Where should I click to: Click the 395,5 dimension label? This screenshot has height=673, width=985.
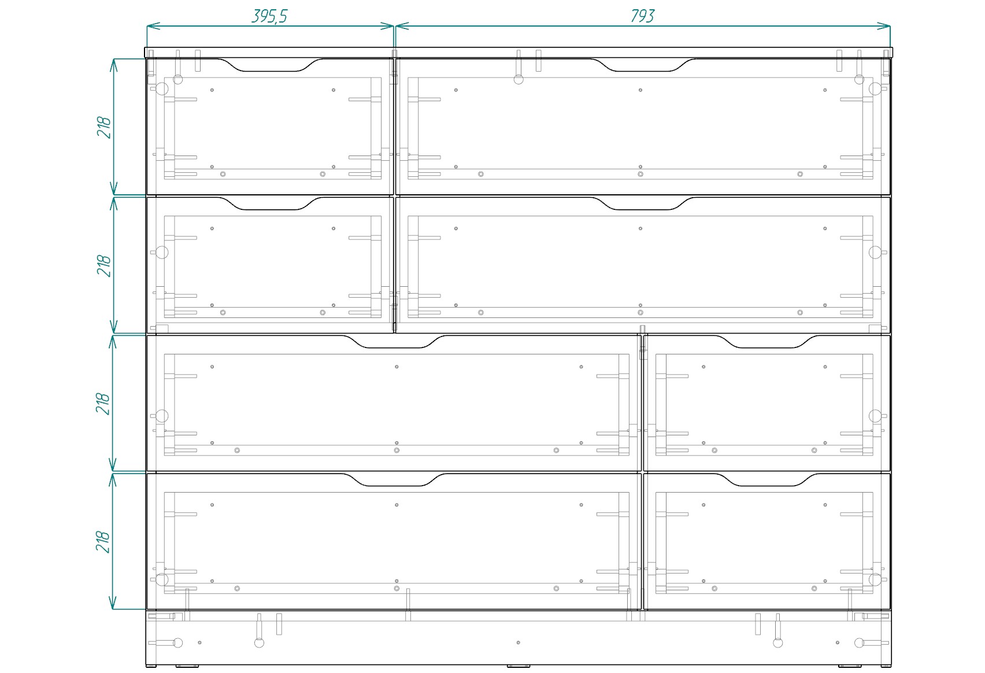(x=269, y=16)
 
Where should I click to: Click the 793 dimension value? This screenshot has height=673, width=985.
(x=642, y=16)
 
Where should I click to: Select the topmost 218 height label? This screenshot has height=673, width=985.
(x=104, y=127)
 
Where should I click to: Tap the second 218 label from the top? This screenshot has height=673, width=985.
(x=104, y=265)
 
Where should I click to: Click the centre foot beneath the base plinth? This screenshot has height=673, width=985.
(x=518, y=666)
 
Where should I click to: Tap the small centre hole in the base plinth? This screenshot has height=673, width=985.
(x=518, y=642)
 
